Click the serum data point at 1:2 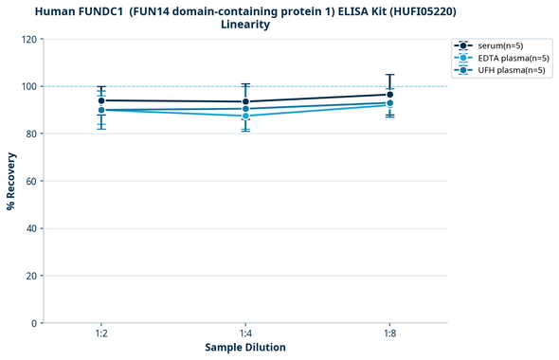click(x=101, y=100)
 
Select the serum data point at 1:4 click(x=246, y=101)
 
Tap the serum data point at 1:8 click(x=390, y=94)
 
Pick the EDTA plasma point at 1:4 click(x=246, y=116)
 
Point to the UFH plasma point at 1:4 click(x=246, y=109)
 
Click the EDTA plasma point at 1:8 click(x=390, y=104)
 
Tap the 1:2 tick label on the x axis click(x=101, y=333)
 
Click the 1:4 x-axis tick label click(x=246, y=333)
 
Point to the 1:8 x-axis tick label click(x=390, y=333)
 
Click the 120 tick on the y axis click(x=29, y=39)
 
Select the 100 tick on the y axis click(x=29, y=86)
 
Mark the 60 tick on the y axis click(x=32, y=181)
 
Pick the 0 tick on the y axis click(x=35, y=323)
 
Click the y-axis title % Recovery click(x=11, y=181)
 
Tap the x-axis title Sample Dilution click(x=245, y=348)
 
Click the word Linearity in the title click(x=244, y=25)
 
